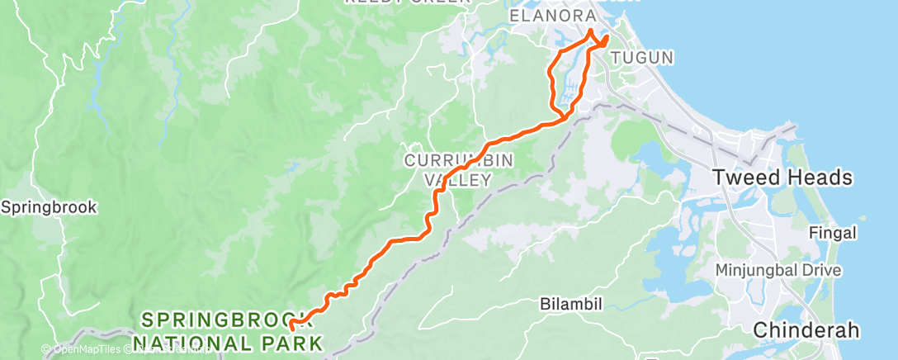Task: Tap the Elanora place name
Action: click(x=553, y=16)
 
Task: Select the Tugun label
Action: click(x=643, y=57)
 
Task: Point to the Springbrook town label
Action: click(x=49, y=207)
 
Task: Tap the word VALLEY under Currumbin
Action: click(x=458, y=179)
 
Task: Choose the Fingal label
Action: click(x=833, y=233)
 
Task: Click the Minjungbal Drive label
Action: click(x=778, y=270)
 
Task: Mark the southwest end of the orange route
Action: click(x=292, y=329)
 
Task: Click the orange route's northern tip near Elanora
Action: click(x=591, y=31)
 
